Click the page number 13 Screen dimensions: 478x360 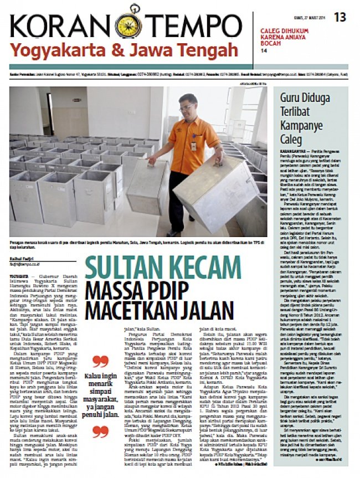tap(340, 18)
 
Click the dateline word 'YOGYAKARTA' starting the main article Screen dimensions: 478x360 tap(19, 275)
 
